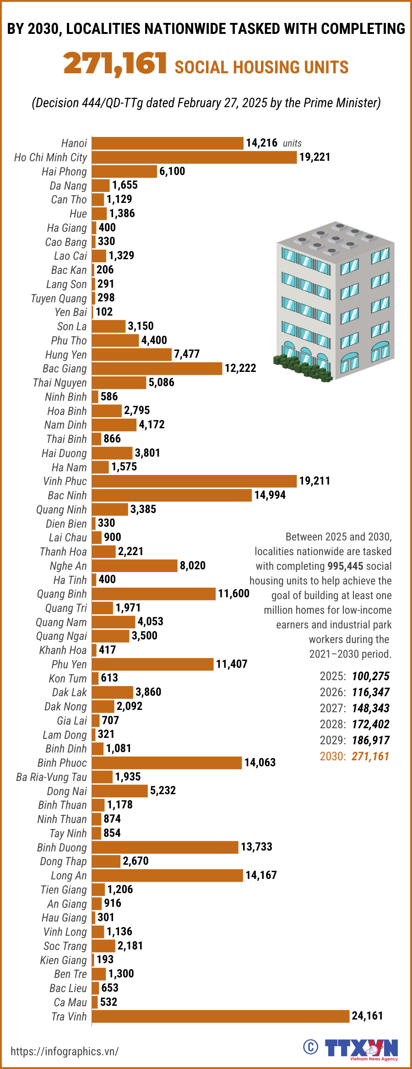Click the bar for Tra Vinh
pyautogui.click(x=221, y=1016)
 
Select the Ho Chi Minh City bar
pyautogui.click(x=194, y=157)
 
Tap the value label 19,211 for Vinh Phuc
pyautogui.click(x=314, y=481)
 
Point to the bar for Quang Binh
pyautogui.click(x=153, y=594)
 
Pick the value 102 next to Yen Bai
pyautogui.click(x=104, y=312)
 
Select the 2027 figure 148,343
pyautogui.click(x=370, y=708)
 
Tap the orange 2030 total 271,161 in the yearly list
pyautogui.click(x=370, y=756)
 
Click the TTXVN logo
pyautogui.click(x=362, y=1048)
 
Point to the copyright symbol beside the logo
pyautogui.click(x=310, y=1047)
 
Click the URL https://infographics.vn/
pyautogui.click(x=65, y=1051)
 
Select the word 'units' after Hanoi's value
pyautogui.click(x=292, y=143)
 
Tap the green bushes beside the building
pyautogui.click(x=302, y=367)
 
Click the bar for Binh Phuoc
pyautogui.click(x=167, y=763)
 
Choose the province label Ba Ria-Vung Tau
pyautogui.click(x=51, y=777)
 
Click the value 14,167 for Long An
pyautogui.click(x=261, y=875)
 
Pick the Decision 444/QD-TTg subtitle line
pyautogui.click(x=206, y=103)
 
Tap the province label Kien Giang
pyautogui.click(x=63, y=960)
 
